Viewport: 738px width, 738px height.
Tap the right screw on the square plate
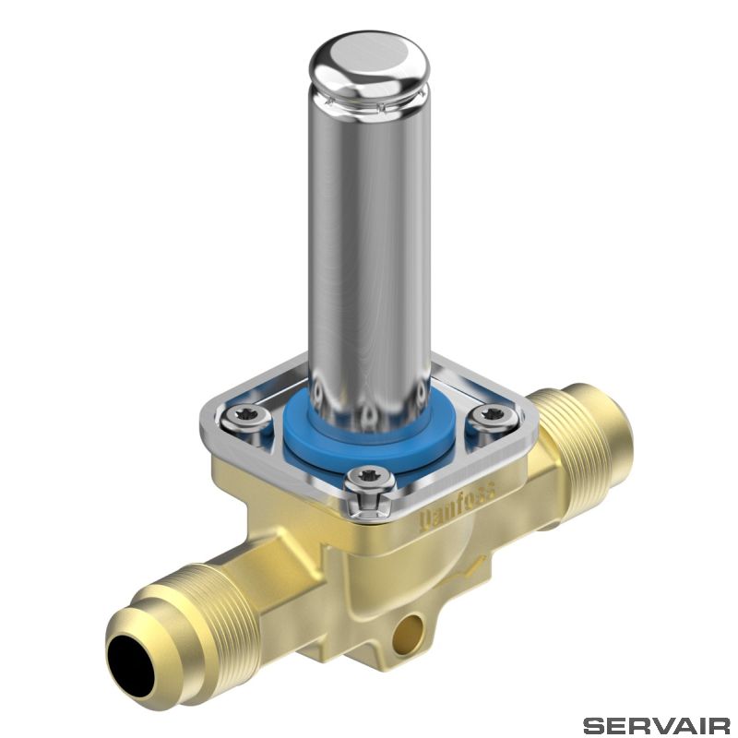point(493,416)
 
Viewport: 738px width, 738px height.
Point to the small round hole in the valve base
point(409,632)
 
